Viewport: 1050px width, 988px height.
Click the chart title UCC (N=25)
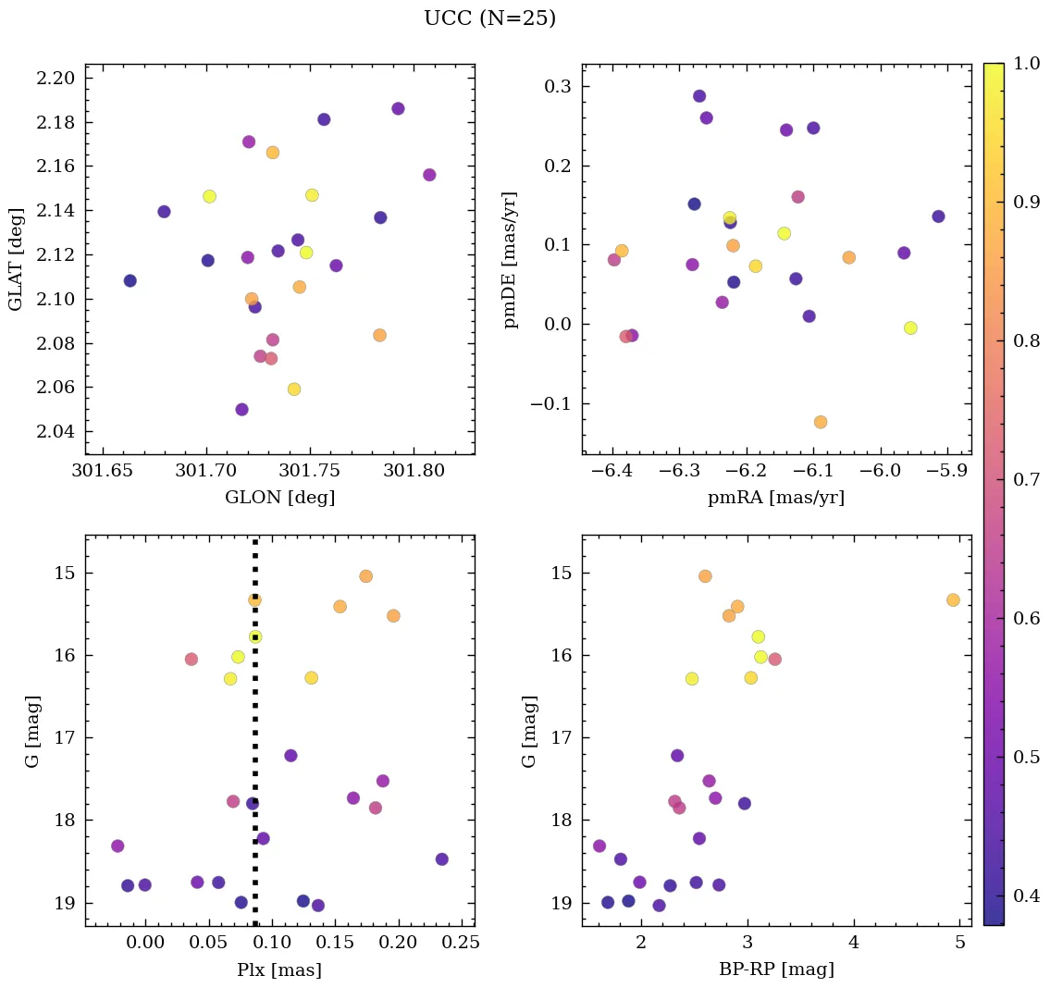click(489, 19)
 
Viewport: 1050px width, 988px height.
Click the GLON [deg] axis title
click(279, 498)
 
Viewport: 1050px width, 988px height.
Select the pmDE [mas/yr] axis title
click(510, 260)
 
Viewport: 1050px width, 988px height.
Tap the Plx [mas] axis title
click(279, 970)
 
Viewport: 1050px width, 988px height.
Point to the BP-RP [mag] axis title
click(776, 970)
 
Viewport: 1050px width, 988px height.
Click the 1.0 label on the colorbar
click(1026, 64)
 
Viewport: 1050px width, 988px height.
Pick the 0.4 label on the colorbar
click(1026, 895)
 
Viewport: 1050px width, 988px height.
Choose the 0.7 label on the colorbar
click(1026, 480)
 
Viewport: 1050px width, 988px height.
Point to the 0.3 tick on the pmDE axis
click(552, 87)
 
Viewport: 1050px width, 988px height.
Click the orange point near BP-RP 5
click(953, 599)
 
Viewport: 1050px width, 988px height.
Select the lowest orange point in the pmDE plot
click(821, 422)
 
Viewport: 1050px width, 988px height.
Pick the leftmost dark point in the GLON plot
click(130, 280)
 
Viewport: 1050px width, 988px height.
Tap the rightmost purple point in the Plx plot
click(441, 858)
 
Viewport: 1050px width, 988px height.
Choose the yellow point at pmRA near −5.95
click(910, 327)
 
